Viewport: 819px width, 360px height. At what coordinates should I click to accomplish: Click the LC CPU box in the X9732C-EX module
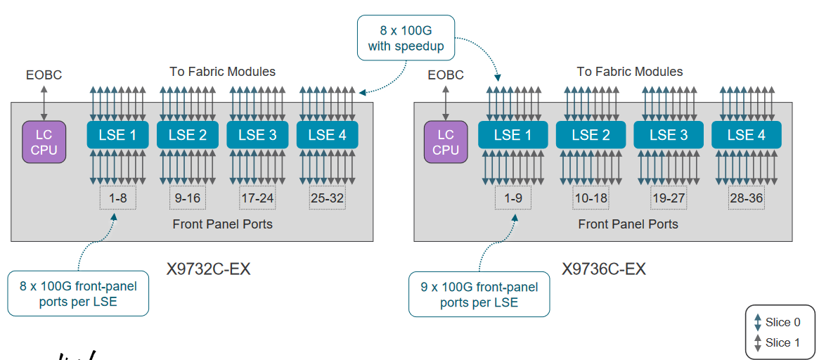pos(44,141)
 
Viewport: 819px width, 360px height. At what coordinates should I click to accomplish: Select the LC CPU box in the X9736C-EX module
pos(445,141)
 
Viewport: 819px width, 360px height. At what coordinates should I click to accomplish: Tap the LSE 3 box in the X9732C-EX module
pos(257,134)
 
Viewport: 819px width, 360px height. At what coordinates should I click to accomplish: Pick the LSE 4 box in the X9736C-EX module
pos(746,134)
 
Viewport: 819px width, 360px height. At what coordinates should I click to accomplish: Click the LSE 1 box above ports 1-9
pos(512,134)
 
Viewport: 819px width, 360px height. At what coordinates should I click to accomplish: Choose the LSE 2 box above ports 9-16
pos(187,134)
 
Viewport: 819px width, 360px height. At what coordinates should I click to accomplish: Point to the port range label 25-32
pos(327,198)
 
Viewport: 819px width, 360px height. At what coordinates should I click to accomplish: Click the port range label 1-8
pos(117,198)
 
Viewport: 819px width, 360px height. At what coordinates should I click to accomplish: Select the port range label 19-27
pos(668,198)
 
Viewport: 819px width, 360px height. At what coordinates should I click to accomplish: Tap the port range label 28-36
pos(746,198)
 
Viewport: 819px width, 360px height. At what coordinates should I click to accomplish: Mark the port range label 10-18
pos(590,198)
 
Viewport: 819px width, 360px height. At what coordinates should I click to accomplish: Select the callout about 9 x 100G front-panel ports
pos(479,295)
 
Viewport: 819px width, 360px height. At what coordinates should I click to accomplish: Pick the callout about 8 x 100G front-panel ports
pos(78,294)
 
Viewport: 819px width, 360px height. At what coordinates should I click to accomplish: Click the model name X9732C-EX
pos(208,269)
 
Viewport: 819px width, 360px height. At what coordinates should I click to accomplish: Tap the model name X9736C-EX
pos(604,269)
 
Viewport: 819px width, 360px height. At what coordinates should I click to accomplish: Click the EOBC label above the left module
pos(44,75)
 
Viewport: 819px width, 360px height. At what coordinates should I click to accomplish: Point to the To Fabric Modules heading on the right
pos(630,71)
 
